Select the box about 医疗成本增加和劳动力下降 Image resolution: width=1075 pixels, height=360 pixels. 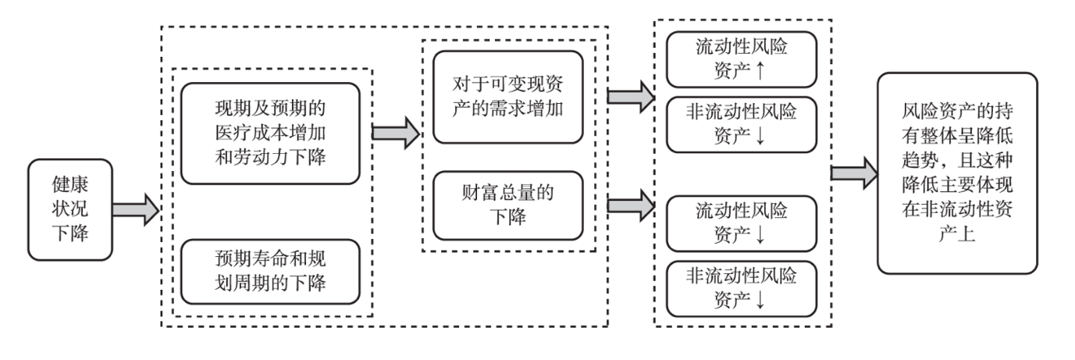point(271,133)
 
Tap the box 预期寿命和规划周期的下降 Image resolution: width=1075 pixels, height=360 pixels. point(271,272)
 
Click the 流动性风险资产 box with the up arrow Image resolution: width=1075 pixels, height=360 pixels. point(741,59)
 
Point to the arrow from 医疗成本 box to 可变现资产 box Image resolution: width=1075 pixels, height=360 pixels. point(397,133)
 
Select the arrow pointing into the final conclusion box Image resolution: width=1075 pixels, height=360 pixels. point(852,173)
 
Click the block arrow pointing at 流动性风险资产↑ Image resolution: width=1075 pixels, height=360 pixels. point(631,96)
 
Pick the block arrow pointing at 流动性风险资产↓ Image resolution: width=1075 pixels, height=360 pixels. point(631,205)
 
